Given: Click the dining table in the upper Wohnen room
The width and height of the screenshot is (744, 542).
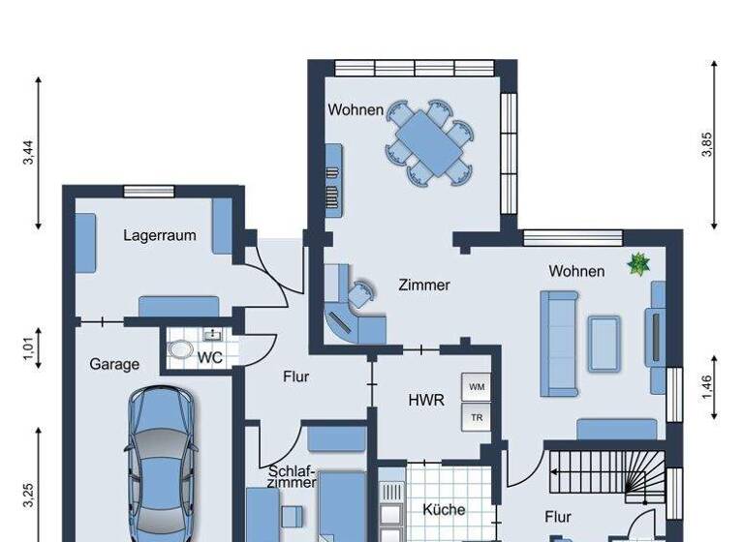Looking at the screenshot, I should tap(431, 142).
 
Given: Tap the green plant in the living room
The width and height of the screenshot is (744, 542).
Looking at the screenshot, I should tap(638, 263).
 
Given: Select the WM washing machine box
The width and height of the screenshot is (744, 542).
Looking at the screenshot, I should tap(477, 387).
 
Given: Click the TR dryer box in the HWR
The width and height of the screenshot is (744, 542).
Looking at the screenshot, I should tap(477, 418).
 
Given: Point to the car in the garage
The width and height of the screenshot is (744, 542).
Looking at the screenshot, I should tap(162, 465).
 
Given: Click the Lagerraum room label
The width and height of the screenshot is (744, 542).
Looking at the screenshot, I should tap(160, 235).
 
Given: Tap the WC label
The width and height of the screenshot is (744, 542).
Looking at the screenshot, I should tap(210, 357).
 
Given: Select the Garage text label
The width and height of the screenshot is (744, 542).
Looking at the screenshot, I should tap(114, 365).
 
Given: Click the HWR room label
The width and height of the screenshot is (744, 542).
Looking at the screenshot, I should tap(426, 399).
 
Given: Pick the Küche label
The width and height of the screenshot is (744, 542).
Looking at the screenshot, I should tap(445, 509).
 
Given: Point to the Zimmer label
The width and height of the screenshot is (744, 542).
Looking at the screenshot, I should tap(424, 285).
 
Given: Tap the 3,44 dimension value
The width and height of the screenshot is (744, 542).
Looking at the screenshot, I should tap(28, 153).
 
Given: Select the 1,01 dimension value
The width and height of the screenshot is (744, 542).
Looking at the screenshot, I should tap(28, 345).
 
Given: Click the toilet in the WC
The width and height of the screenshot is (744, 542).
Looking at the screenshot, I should tap(181, 350).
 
